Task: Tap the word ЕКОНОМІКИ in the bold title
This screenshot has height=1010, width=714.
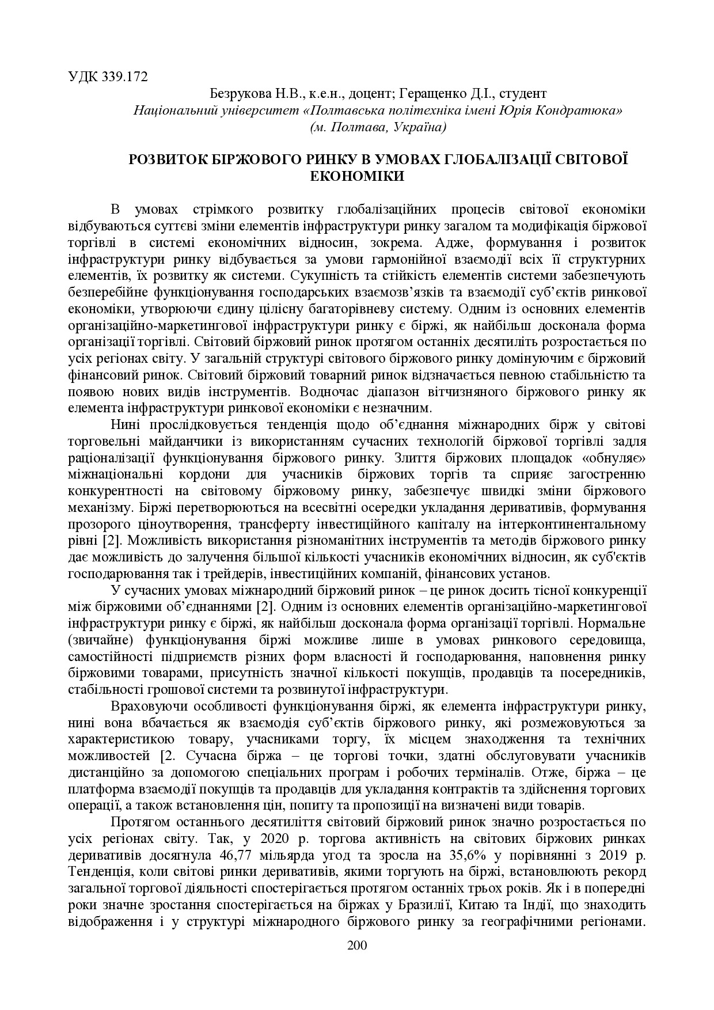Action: click(357, 176)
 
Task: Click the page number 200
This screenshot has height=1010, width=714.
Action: click(357, 946)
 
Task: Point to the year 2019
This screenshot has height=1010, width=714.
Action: click(614, 854)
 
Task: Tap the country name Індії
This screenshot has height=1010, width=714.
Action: click(540, 904)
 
